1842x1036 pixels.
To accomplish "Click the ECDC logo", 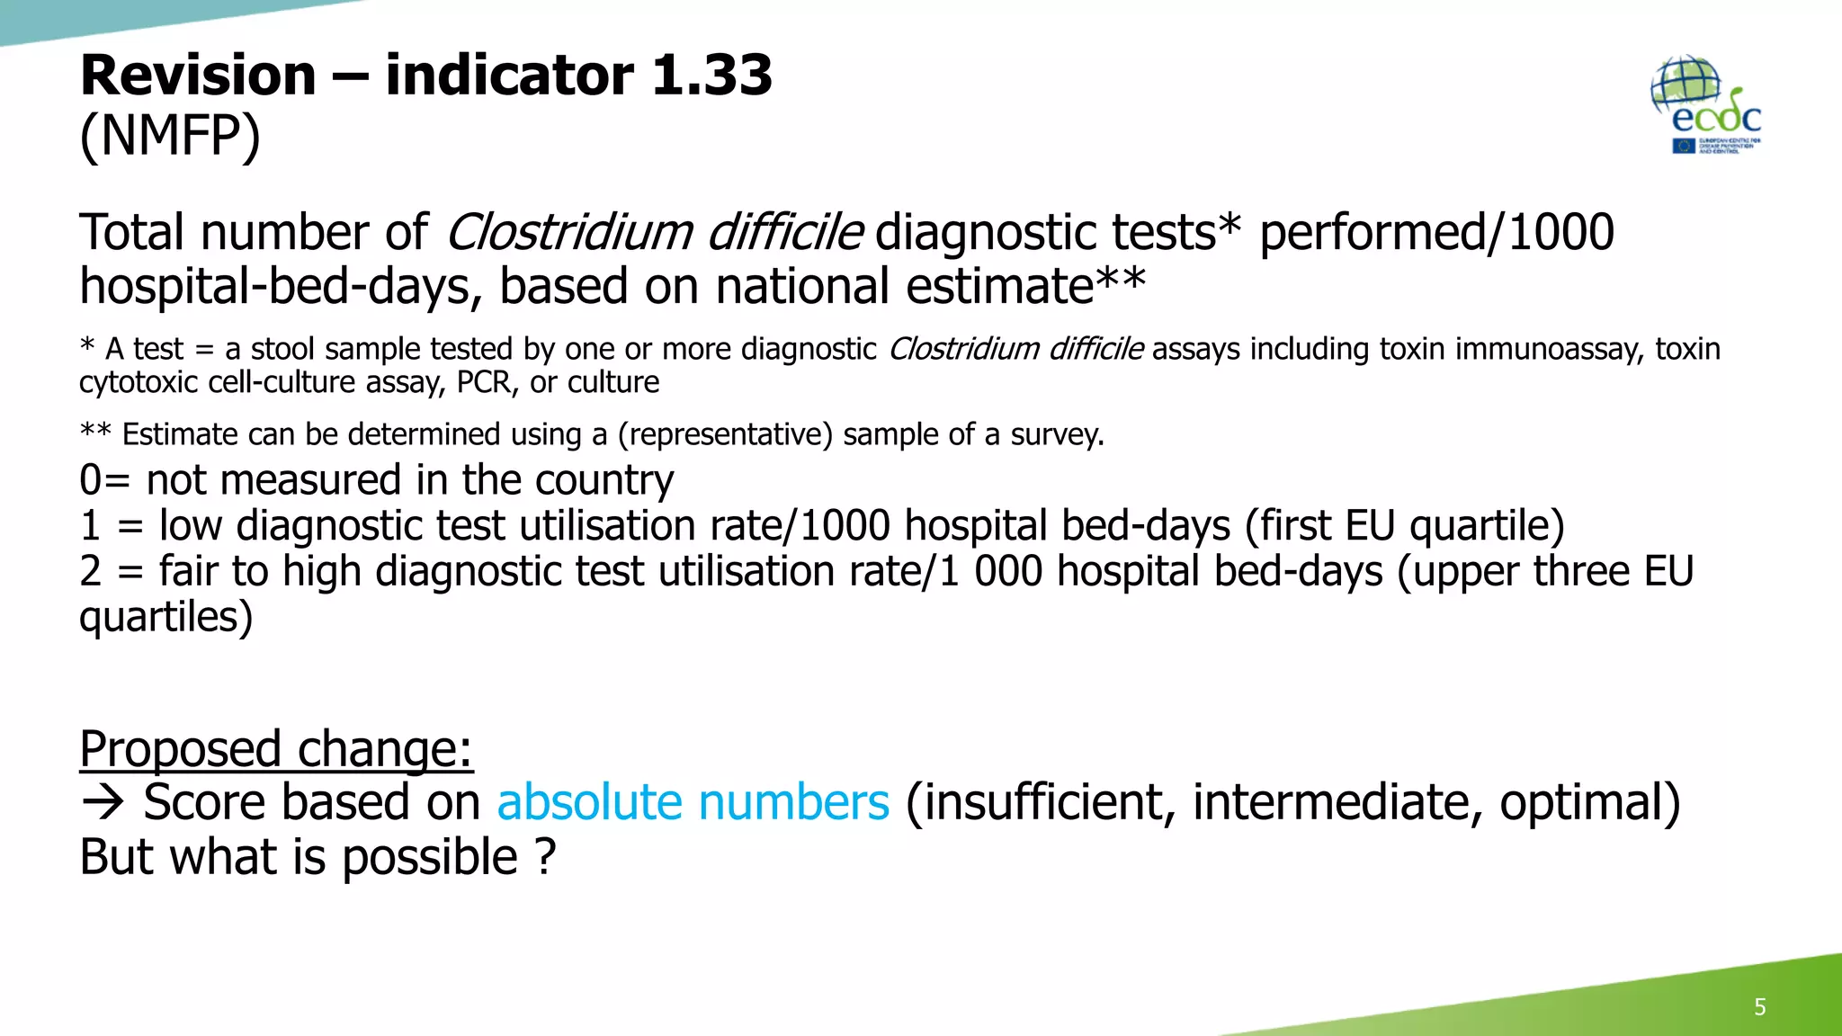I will tap(1706, 105).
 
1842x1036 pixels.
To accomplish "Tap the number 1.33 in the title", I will tap(711, 75).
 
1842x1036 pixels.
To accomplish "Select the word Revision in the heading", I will tap(198, 75).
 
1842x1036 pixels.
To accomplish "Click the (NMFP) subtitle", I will tap(170, 137).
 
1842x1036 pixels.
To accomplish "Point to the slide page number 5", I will tap(1759, 1006).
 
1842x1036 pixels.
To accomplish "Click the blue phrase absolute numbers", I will tap(693, 802).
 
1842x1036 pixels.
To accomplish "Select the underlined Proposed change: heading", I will tap(276, 748).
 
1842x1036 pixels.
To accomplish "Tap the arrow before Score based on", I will tap(103, 802).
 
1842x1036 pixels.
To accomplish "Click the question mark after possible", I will tap(545, 857).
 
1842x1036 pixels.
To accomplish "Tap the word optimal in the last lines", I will tap(1588, 802).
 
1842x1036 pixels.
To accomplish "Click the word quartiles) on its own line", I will tap(165, 618).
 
